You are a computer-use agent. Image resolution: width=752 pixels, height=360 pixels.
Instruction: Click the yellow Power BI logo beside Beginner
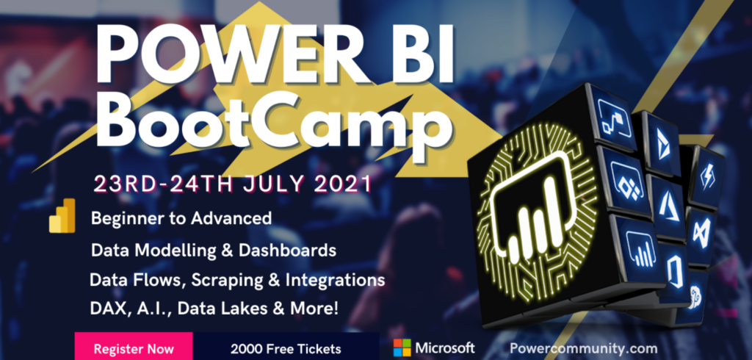[62, 215]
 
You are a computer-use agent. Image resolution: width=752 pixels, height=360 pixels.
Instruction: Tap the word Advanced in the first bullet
[231, 218]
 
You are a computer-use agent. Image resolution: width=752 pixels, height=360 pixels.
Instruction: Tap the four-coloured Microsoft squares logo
[402, 347]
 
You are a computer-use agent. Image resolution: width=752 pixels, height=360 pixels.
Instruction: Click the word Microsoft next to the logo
[445, 348]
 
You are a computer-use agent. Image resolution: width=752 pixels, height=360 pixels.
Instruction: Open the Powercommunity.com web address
[583, 348]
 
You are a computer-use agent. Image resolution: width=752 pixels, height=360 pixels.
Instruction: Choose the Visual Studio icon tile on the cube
[701, 236]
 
